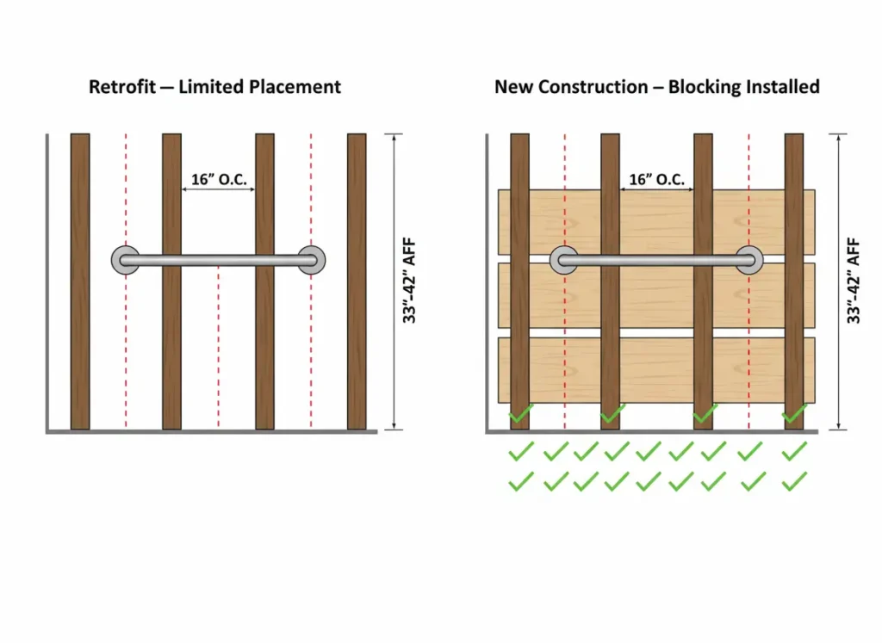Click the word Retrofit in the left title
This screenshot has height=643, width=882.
[x=121, y=87]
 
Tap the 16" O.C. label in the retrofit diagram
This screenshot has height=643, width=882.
[x=218, y=180]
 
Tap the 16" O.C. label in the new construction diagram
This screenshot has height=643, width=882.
[x=656, y=180]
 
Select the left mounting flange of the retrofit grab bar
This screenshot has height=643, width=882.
[x=126, y=260]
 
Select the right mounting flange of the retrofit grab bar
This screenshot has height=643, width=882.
[x=311, y=260]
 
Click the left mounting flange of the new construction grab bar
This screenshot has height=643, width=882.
[x=564, y=260]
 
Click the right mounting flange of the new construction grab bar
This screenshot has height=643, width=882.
[x=748, y=260]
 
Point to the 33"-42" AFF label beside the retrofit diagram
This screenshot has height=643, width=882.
[x=412, y=281]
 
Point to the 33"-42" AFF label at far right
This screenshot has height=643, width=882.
[x=854, y=281]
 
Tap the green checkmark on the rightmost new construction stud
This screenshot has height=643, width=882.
[x=794, y=415]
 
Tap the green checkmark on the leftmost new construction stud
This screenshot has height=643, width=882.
[x=520, y=415]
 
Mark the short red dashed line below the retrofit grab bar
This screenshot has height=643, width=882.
[x=218, y=344]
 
